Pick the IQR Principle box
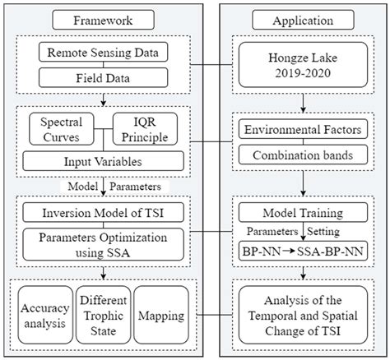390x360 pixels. click(x=146, y=128)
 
